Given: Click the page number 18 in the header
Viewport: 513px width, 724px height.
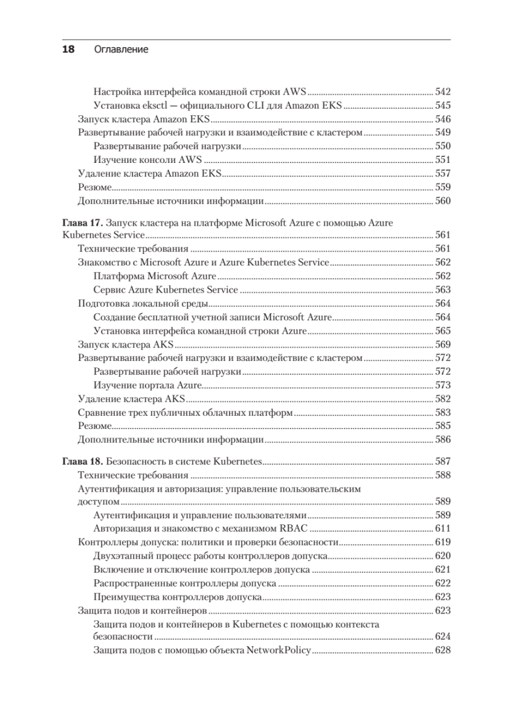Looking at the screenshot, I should tap(68, 49).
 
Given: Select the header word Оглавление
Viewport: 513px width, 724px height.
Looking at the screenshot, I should tap(121, 49).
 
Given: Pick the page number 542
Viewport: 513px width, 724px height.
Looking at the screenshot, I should tap(443, 92).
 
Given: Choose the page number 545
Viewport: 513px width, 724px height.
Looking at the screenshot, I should tap(443, 106).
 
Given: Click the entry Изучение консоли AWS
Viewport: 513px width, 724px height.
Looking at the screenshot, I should tap(148, 160).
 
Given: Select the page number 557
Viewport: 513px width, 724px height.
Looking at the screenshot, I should tap(443, 173).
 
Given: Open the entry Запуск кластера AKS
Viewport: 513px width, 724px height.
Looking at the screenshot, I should tap(126, 345).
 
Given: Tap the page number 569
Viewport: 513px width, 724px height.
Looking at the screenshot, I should tap(443, 345).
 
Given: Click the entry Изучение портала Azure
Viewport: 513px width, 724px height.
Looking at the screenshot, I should tap(147, 385).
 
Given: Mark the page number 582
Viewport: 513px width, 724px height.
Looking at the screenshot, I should tap(443, 399).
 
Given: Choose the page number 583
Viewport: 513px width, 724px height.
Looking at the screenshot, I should tap(443, 413).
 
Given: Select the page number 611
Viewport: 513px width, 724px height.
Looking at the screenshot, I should tap(443, 528).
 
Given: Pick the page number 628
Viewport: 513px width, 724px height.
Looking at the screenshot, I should tap(443, 650).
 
